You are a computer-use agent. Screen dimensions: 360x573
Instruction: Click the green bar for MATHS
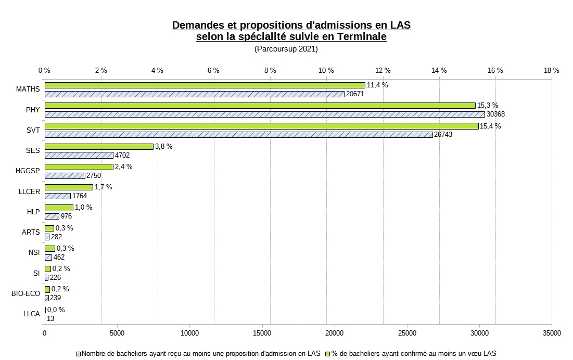[x=205, y=85]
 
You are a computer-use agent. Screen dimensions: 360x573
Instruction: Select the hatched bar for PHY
[x=264, y=114]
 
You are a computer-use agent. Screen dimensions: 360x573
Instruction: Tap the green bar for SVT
[x=261, y=126]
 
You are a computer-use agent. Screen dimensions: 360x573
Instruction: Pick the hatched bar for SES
[x=79, y=155]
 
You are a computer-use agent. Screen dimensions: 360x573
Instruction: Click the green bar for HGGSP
[x=79, y=167]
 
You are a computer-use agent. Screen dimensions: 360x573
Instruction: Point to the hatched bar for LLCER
[x=57, y=196]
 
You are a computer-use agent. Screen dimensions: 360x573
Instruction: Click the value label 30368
[x=496, y=114]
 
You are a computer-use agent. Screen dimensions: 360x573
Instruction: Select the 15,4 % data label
[x=490, y=126]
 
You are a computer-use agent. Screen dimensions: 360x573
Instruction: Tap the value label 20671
[x=355, y=94]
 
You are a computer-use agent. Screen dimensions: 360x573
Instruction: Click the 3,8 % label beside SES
[x=164, y=147]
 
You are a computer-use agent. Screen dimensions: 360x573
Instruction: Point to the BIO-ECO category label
[x=26, y=293]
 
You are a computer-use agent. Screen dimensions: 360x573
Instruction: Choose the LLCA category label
[x=31, y=314]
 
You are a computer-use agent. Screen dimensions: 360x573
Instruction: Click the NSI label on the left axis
[x=34, y=252]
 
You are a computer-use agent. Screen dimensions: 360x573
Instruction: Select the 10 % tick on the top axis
[x=326, y=70]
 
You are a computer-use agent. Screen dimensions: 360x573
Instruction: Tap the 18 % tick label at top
[x=552, y=70]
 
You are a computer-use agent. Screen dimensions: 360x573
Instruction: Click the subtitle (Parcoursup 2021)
[x=286, y=49]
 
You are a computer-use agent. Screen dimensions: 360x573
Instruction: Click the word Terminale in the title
[x=361, y=37]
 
